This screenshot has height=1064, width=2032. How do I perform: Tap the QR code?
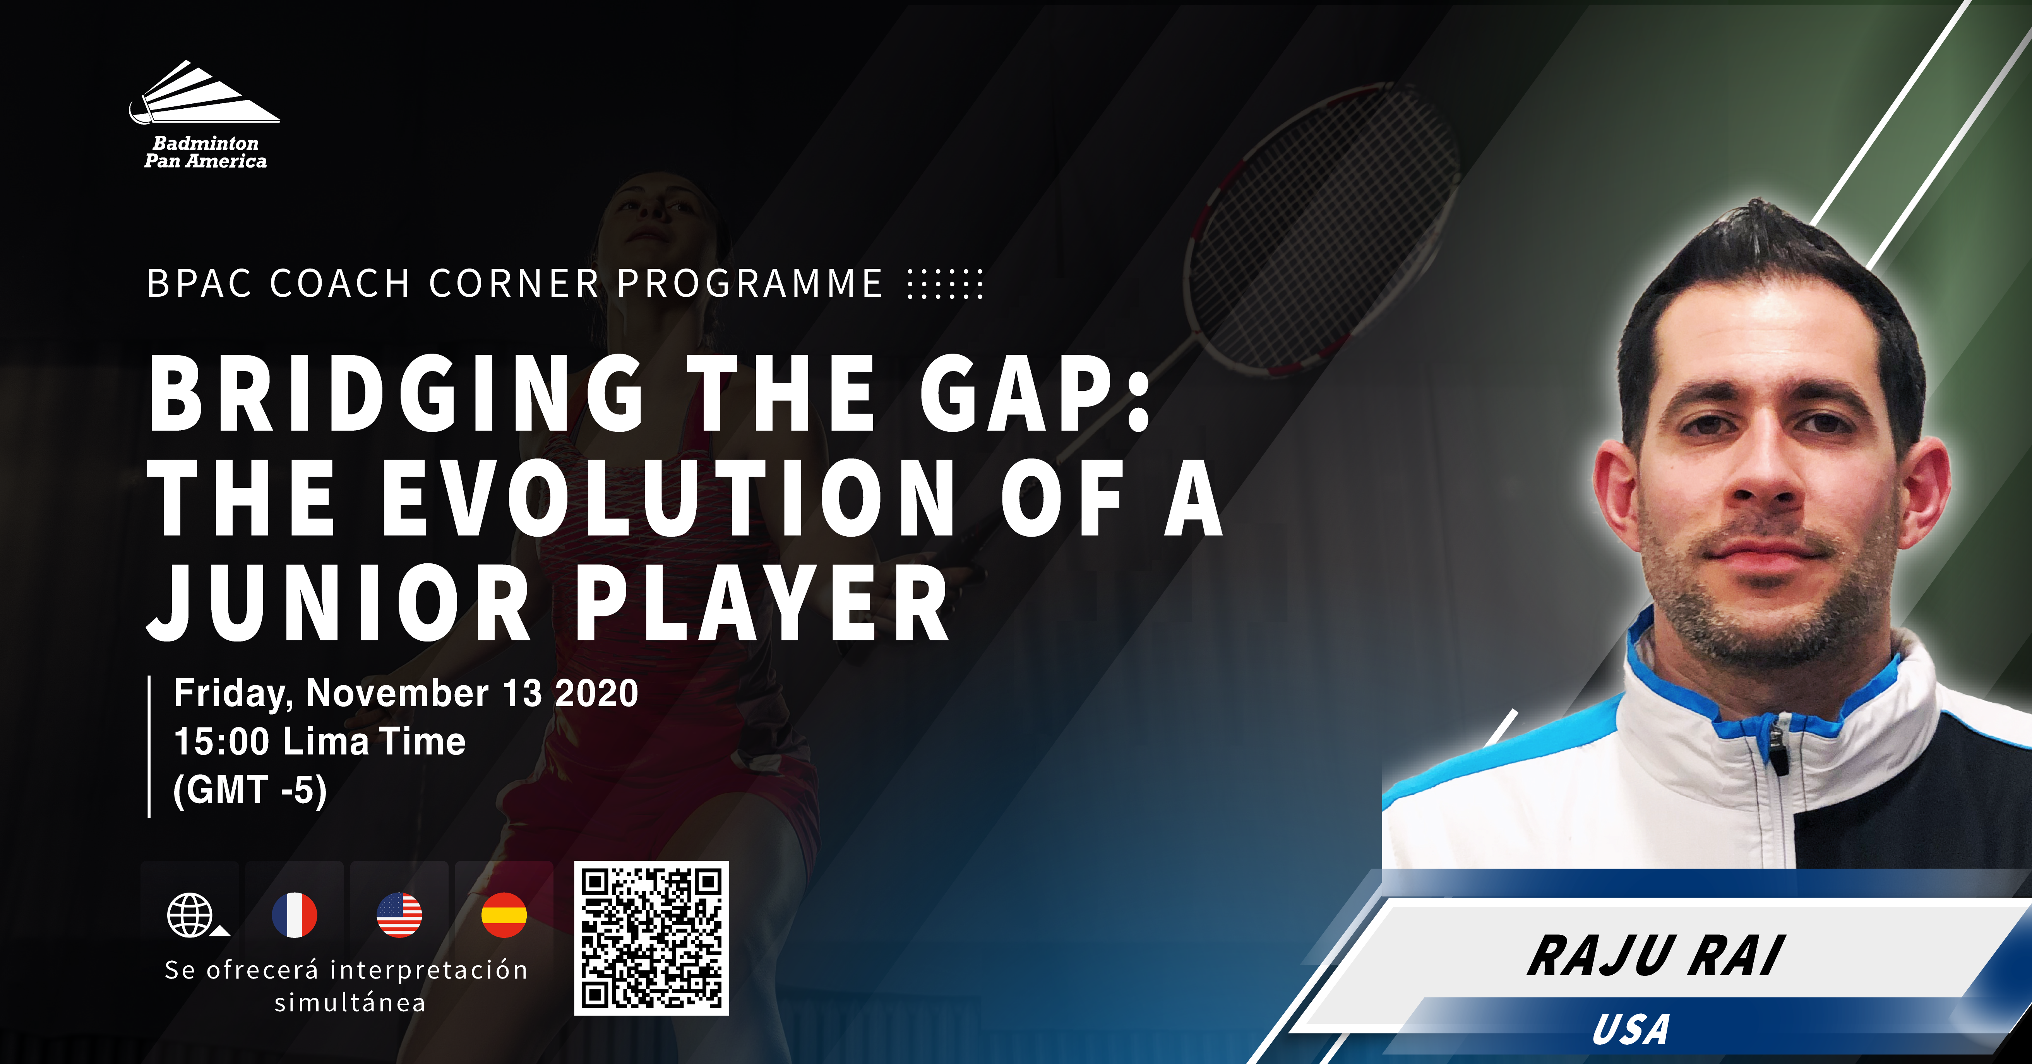pos(651,938)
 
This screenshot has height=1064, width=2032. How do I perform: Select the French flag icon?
pos(294,915)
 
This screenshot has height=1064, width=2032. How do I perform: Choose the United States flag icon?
pos(399,915)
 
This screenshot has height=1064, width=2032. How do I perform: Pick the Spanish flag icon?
pos(504,915)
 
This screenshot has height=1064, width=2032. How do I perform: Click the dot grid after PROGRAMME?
pos(945,284)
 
